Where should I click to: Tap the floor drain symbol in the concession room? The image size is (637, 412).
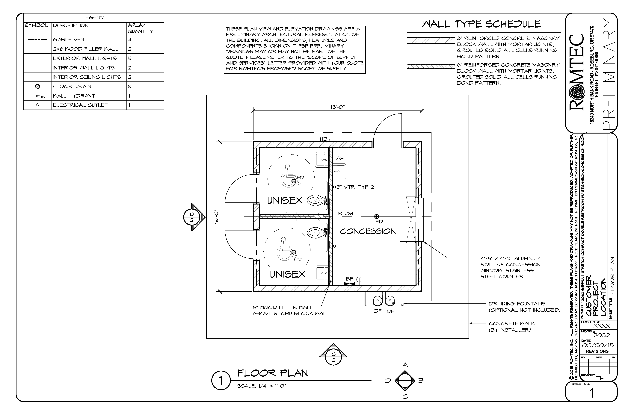pos(376,216)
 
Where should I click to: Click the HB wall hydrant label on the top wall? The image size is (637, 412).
pos(323,139)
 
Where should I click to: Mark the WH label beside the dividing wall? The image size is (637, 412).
pos(340,158)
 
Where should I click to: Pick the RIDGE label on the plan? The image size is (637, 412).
pos(346,213)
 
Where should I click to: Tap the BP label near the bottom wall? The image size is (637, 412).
pos(349,279)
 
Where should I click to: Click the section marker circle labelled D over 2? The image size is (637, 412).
pos(192,217)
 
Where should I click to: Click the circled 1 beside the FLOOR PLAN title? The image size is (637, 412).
pos(221,380)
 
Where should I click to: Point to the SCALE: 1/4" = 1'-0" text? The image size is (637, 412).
pos(262,386)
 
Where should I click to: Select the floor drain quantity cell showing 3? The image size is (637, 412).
pos(130,86)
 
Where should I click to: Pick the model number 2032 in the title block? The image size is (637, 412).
pos(601,335)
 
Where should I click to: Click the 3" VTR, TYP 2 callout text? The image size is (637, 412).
pos(355,187)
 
